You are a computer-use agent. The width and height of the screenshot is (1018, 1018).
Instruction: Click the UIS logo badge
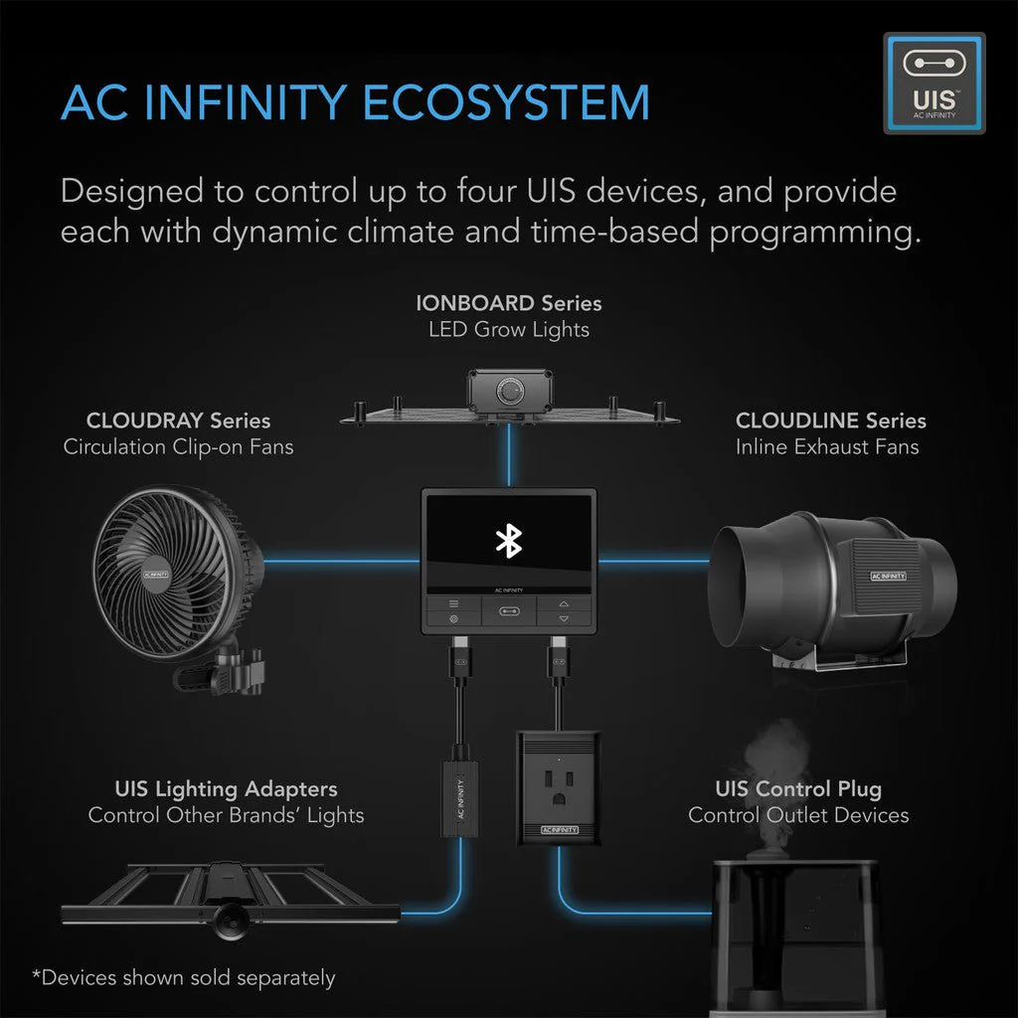pos(933,83)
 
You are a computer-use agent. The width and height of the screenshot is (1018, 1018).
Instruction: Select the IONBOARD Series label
pos(508,302)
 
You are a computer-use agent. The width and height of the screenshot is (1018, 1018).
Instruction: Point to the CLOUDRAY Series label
pos(178,421)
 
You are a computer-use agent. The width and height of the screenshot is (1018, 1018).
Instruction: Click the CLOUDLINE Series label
pos(830,421)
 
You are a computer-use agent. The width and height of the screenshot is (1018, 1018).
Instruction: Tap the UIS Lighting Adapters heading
pos(226,789)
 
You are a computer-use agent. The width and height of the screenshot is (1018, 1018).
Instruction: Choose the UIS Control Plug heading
pos(797,789)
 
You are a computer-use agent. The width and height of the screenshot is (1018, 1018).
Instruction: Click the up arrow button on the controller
pos(564,602)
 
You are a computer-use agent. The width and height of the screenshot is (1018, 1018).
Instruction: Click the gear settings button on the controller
pos(454,619)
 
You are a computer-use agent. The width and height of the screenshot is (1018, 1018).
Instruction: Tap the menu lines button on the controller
pos(454,602)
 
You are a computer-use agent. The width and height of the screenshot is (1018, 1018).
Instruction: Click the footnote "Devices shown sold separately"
pos(184,977)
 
